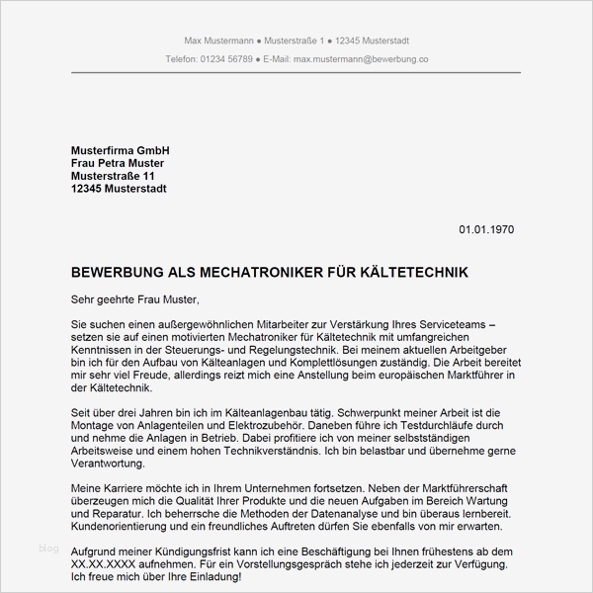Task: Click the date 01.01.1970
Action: click(486, 230)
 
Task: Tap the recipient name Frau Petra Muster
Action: click(118, 162)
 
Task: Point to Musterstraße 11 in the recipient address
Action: click(113, 176)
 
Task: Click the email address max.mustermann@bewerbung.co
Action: click(354, 59)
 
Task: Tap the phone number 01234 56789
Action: click(225, 59)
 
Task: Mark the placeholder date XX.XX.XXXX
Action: click(111, 564)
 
